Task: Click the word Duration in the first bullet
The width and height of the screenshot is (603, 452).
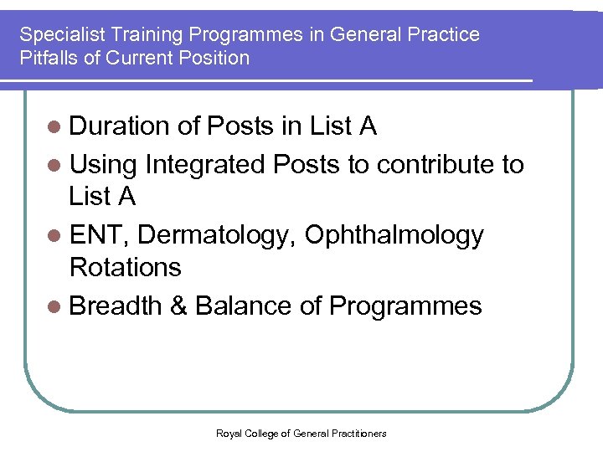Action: pyautogui.click(x=119, y=126)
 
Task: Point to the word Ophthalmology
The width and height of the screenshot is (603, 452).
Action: pyautogui.click(x=394, y=235)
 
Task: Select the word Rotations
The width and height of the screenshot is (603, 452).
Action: pyautogui.click(x=125, y=268)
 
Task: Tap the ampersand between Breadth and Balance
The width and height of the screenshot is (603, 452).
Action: pyautogui.click(x=178, y=306)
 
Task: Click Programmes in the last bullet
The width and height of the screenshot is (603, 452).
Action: pyautogui.click(x=405, y=306)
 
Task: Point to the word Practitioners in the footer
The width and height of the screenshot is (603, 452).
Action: pyautogui.click(x=359, y=433)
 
